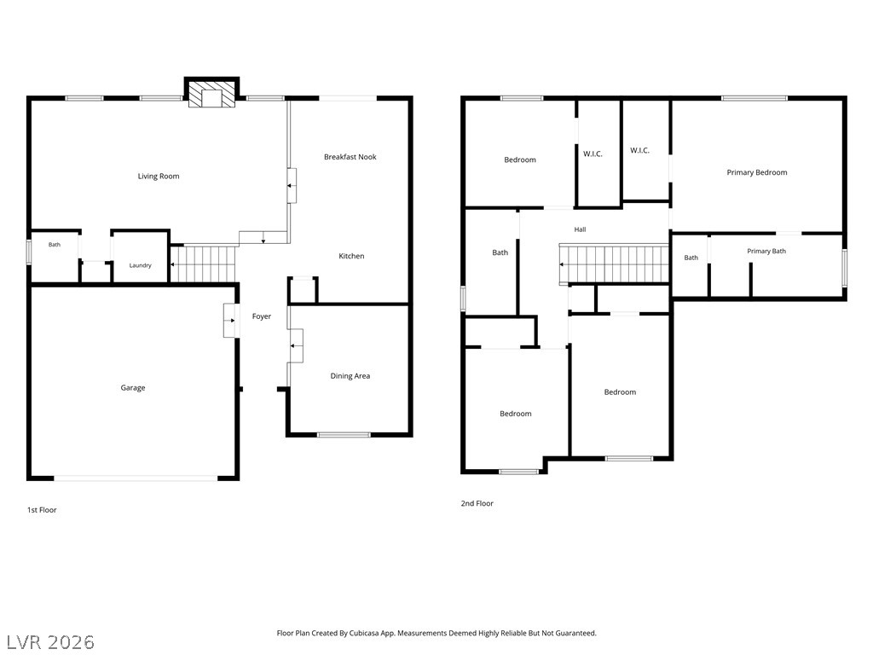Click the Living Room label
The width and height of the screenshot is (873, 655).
tap(159, 176)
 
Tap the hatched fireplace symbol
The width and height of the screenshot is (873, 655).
tap(211, 94)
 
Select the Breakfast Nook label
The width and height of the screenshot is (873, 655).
tap(350, 157)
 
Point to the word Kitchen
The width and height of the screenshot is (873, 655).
tap(351, 256)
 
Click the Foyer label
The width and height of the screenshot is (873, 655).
tap(262, 316)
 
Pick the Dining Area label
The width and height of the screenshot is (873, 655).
tap(350, 376)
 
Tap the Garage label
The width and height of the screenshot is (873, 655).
tap(133, 388)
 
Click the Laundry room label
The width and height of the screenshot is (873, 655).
tap(141, 265)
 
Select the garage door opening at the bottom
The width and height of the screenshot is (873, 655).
tap(136, 478)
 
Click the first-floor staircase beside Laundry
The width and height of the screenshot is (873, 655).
tap(203, 264)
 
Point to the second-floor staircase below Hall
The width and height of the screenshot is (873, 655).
tap(615, 264)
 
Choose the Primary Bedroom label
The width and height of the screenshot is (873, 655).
tap(757, 172)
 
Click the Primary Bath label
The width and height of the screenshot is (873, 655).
tap(766, 252)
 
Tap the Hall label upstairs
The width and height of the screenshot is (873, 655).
tap(580, 229)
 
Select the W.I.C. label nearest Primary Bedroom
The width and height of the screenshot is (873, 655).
tap(639, 150)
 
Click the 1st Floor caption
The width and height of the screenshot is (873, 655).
tap(43, 510)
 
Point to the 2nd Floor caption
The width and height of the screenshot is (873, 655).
tap(477, 503)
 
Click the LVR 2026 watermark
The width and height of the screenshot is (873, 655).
tap(50, 641)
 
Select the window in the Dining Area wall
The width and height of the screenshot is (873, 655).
tap(344, 434)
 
